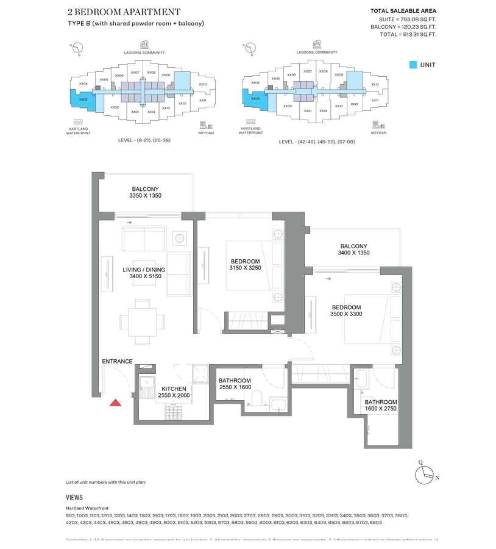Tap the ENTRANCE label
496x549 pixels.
(117, 361)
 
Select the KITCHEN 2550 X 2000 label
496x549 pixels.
(174, 392)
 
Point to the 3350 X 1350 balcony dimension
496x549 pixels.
(145, 196)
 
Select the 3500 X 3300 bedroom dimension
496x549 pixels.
(346, 314)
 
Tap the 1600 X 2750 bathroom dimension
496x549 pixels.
(381, 409)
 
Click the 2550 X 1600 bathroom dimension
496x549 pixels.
(235, 387)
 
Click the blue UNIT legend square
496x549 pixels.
(413, 65)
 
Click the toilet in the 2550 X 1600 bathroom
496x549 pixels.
(257, 399)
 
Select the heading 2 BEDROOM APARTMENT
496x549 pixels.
(124, 12)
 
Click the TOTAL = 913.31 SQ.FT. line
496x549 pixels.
(407, 35)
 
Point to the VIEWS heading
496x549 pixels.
(74, 497)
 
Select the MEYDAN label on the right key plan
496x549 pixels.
(378, 132)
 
